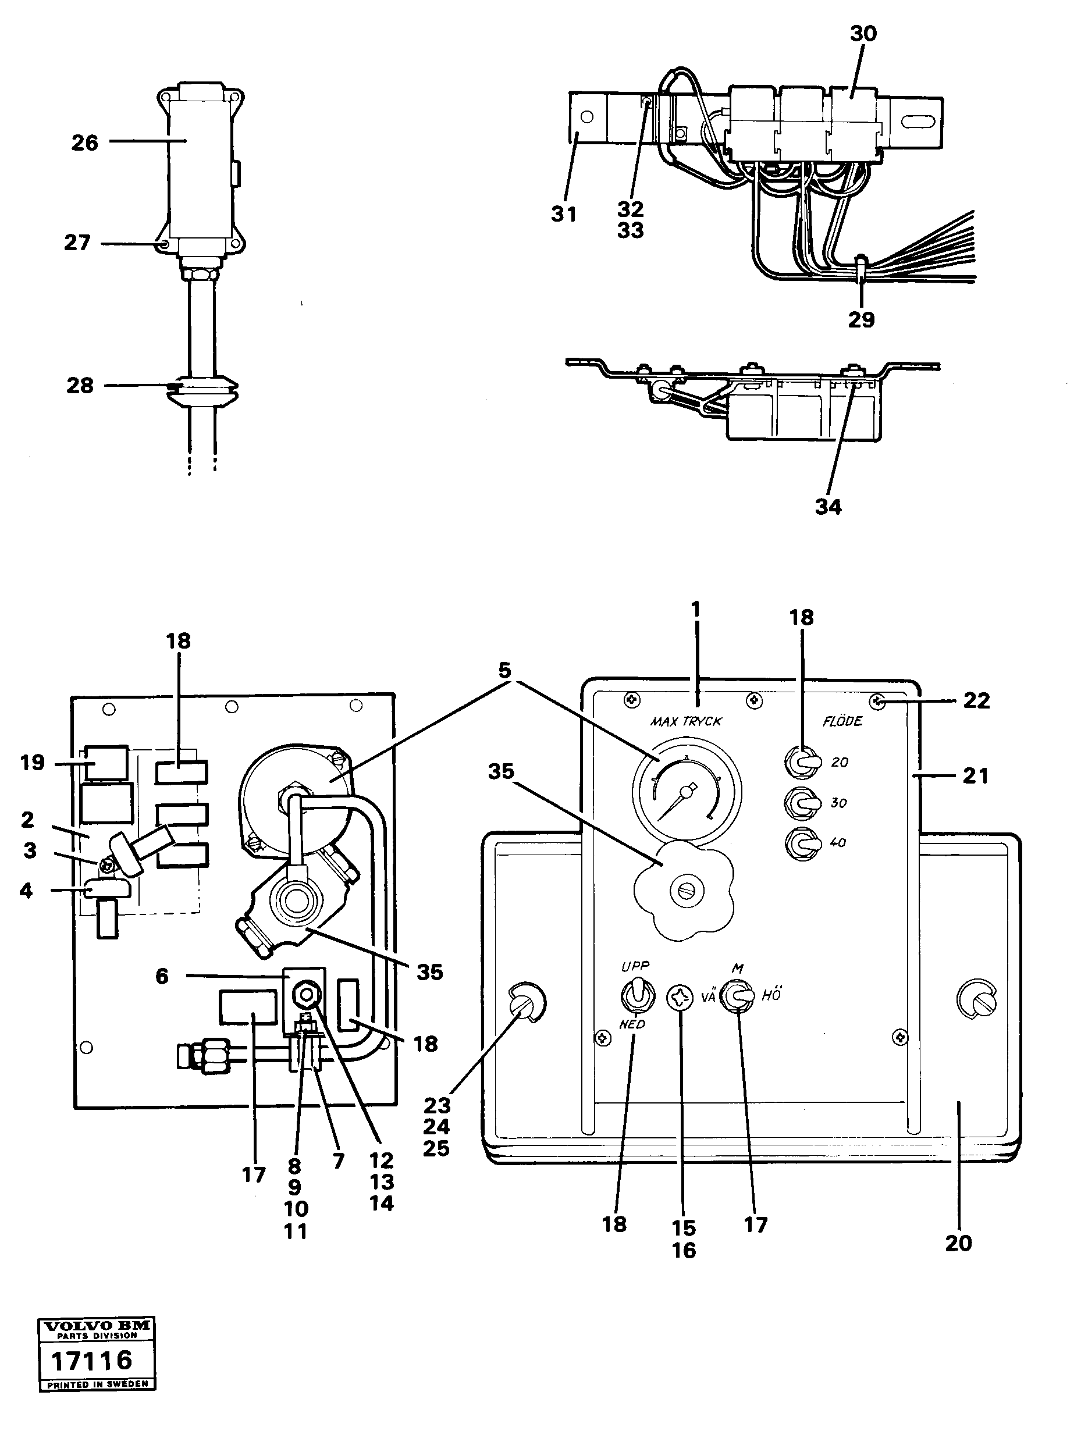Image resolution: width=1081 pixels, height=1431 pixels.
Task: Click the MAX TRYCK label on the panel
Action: click(x=686, y=721)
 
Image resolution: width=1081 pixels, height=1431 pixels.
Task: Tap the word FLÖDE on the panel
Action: click(x=842, y=721)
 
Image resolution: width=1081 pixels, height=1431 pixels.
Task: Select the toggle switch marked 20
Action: click(x=799, y=763)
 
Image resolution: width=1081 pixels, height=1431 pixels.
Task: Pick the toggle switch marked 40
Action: click(x=799, y=843)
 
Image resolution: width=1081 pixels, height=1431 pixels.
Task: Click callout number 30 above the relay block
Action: click(x=863, y=34)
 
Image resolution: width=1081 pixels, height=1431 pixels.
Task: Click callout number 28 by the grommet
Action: click(x=80, y=386)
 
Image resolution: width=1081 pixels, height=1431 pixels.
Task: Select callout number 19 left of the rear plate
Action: click(x=33, y=763)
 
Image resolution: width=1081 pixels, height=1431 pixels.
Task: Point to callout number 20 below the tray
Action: click(x=958, y=1243)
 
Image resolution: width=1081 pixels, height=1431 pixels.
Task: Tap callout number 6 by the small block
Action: click(x=162, y=976)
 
